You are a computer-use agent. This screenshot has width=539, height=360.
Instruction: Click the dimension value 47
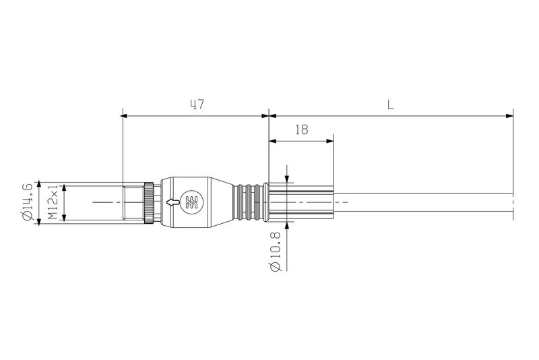click(197, 104)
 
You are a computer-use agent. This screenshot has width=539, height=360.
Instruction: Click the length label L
click(390, 104)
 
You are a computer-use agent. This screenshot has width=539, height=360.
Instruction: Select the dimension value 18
click(301, 130)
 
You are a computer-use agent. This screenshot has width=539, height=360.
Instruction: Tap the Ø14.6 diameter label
click(28, 202)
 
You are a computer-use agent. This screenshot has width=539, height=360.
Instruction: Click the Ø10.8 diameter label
click(276, 253)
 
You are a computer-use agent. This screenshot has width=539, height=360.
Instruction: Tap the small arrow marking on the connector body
click(174, 202)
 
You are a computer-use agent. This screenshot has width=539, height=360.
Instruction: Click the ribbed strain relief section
click(249, 202)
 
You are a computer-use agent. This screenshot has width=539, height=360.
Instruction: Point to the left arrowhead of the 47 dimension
click(126, 116)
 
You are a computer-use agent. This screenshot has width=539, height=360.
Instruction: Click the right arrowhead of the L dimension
click(509, 116)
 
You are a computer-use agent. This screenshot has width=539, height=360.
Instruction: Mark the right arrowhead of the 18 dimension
click(330, 140)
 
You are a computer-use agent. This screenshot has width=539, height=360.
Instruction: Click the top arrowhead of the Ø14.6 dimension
click(40, 184)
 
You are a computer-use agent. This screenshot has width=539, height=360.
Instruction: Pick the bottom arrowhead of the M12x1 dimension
click(65, 218)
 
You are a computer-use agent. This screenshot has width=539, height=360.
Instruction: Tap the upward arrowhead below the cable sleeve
click(287, 225)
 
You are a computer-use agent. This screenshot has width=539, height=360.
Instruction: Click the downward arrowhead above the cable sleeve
click(287, 178)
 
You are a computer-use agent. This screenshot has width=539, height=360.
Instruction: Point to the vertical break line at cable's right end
click(513, 202)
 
